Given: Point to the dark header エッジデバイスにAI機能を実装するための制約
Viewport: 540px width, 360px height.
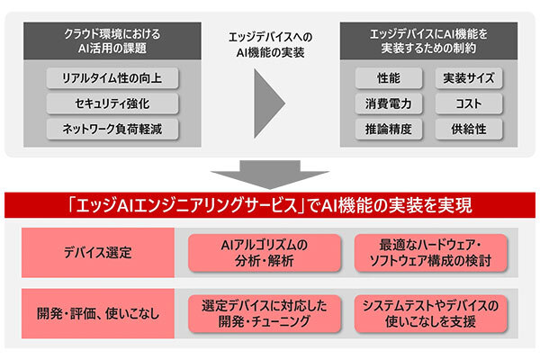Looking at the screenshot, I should pos(427,40).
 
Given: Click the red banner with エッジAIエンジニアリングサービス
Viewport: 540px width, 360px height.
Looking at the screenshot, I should pos(270,205).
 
